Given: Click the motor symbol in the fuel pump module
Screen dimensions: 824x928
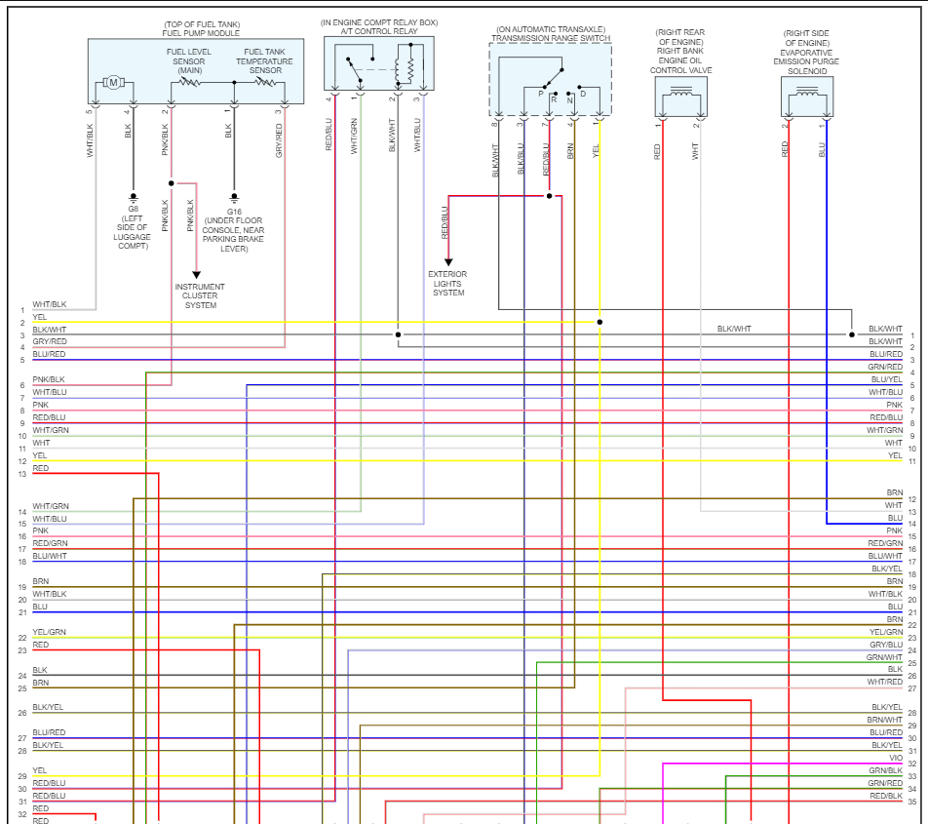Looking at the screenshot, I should [113, 83].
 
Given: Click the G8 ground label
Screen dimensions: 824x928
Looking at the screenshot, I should [133, 209].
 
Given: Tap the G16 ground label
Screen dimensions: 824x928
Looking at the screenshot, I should [234, 211].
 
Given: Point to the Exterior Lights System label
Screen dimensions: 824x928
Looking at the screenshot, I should [448, 283].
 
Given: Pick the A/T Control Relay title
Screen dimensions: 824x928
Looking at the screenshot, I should [379, 31].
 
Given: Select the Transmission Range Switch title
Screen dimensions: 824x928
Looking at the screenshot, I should [551, 38].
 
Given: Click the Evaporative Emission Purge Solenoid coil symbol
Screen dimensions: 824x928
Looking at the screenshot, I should [807, 95].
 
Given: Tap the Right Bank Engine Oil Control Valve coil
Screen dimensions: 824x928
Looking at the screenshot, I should [681, 95].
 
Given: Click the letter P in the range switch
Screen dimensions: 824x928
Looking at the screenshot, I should [540, 94].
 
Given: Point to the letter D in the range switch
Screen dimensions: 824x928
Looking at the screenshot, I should [583, 94].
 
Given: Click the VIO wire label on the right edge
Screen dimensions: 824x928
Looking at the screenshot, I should [895, 758].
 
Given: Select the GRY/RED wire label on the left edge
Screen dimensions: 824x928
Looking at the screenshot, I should [50, 342].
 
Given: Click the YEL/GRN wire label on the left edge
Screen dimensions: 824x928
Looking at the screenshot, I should [50, 632].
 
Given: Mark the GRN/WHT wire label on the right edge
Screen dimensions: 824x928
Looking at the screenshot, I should [885, 657].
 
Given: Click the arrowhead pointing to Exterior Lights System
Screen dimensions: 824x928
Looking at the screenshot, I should [448, 261].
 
